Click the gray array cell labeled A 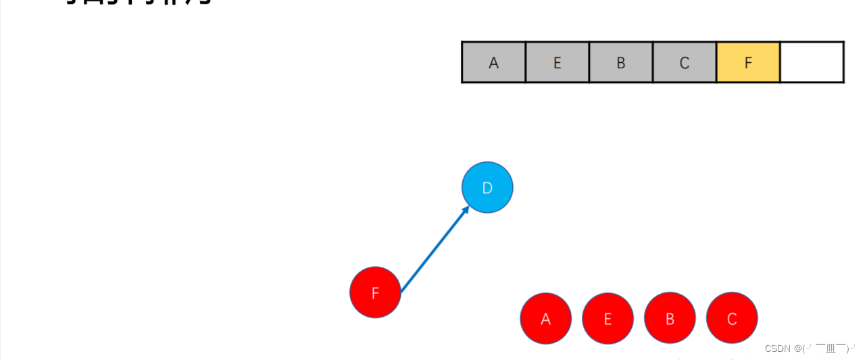pos(493,62)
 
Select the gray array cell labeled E pos(557,62)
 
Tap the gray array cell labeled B pos(620,62)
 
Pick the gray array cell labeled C pos(684,62)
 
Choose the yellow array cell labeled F pos(747,62)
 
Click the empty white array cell pos(812,62)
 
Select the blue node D pos(487,187)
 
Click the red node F pos(375,292)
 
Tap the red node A pos(546,318)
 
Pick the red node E pos(608,318)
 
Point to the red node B pos(670,318)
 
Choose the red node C pos(732,318)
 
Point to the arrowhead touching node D pos(466,211)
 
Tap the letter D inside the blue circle pos(487,188)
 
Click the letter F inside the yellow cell pos(747,63)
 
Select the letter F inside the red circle pos(375,293)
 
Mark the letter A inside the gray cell pos(493,63)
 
